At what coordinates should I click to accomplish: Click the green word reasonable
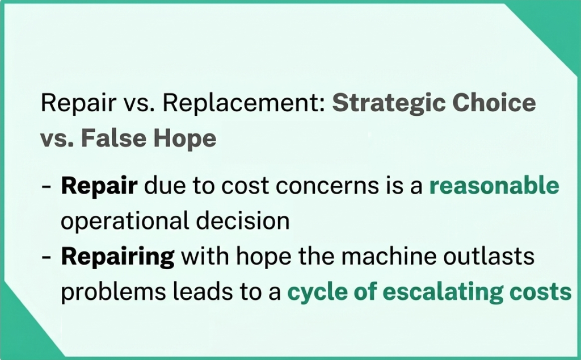494,186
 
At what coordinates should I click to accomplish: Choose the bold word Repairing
117,257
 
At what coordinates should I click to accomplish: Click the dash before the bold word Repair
48,187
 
